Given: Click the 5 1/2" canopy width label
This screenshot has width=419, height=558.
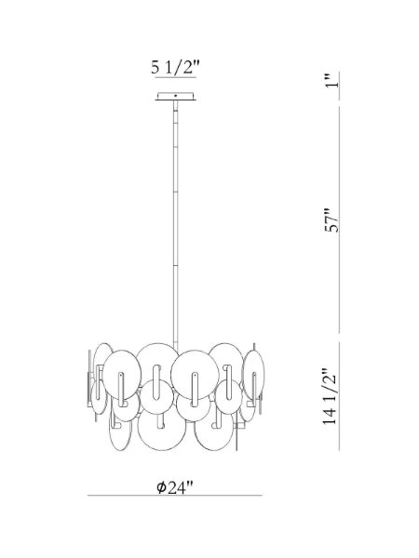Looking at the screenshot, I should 175,67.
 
